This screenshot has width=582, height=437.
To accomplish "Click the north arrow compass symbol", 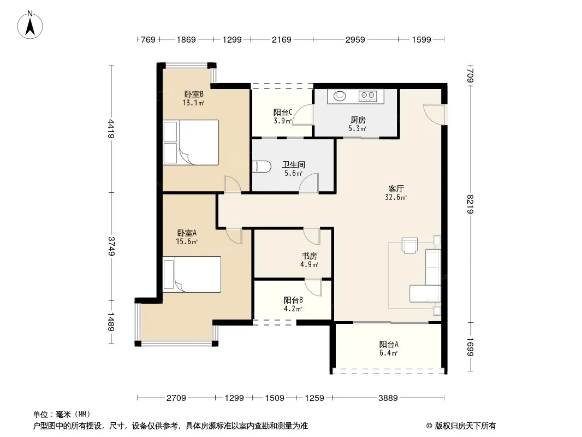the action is [x=30, y=25].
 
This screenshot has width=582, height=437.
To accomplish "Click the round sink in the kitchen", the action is [x=340, y=96].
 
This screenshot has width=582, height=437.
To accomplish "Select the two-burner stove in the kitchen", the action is [x=368, y=96].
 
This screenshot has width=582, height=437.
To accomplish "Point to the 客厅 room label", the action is [x=396, y=188].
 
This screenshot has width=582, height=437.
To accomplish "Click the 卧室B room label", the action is [x=194, y=95].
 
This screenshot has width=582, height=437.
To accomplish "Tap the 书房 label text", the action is [x=309, y=256].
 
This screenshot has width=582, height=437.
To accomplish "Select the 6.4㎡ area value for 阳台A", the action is [x=388, y=353].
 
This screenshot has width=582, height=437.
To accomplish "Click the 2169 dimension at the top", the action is [x=281, y=39].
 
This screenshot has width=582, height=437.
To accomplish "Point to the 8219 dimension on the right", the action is [x=470, y=204].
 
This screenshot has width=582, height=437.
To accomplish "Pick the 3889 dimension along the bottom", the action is [x=388, y=398].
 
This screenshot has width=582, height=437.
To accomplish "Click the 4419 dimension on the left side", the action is [x=111, y=128].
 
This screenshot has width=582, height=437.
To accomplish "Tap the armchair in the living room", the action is [x=410, y=245].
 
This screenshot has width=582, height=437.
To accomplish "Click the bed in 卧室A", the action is [x=192, y=274].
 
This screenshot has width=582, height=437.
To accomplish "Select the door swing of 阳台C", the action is [x=302, y=115].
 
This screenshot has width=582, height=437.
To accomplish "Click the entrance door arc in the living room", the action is [x=433, y=114].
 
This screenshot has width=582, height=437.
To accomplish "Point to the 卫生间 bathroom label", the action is [x=294, y=164].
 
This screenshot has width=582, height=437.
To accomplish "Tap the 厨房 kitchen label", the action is [x=358, y=120].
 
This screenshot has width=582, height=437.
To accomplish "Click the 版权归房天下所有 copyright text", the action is [x=465, y=426].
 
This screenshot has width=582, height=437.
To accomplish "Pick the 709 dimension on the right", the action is [x=470, y=75].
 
